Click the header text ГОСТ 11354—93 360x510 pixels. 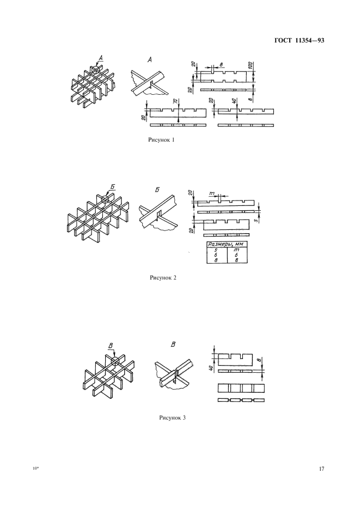tap(300, 41)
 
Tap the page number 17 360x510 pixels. tap(322, 469)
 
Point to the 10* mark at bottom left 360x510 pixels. tap(35, 469)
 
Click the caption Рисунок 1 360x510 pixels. tap(161, 140)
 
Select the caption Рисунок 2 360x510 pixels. tap(163, 277)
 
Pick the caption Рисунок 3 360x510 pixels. tap(172, 417)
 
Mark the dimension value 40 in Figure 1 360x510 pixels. tap(234, 102)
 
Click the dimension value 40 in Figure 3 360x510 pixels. tap(211, 368)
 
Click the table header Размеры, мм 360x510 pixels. tap(227, 244)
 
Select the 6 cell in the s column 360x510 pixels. tap(216, 256)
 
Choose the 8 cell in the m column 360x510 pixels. tap(236, 260)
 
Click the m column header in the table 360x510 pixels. tap(236, 250)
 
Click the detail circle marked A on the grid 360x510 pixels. tap(95, 70)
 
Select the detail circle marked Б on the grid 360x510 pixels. tap(105, 199)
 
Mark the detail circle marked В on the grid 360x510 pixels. tap(115, 361)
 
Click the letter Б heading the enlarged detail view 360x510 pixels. tap(158, 189)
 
